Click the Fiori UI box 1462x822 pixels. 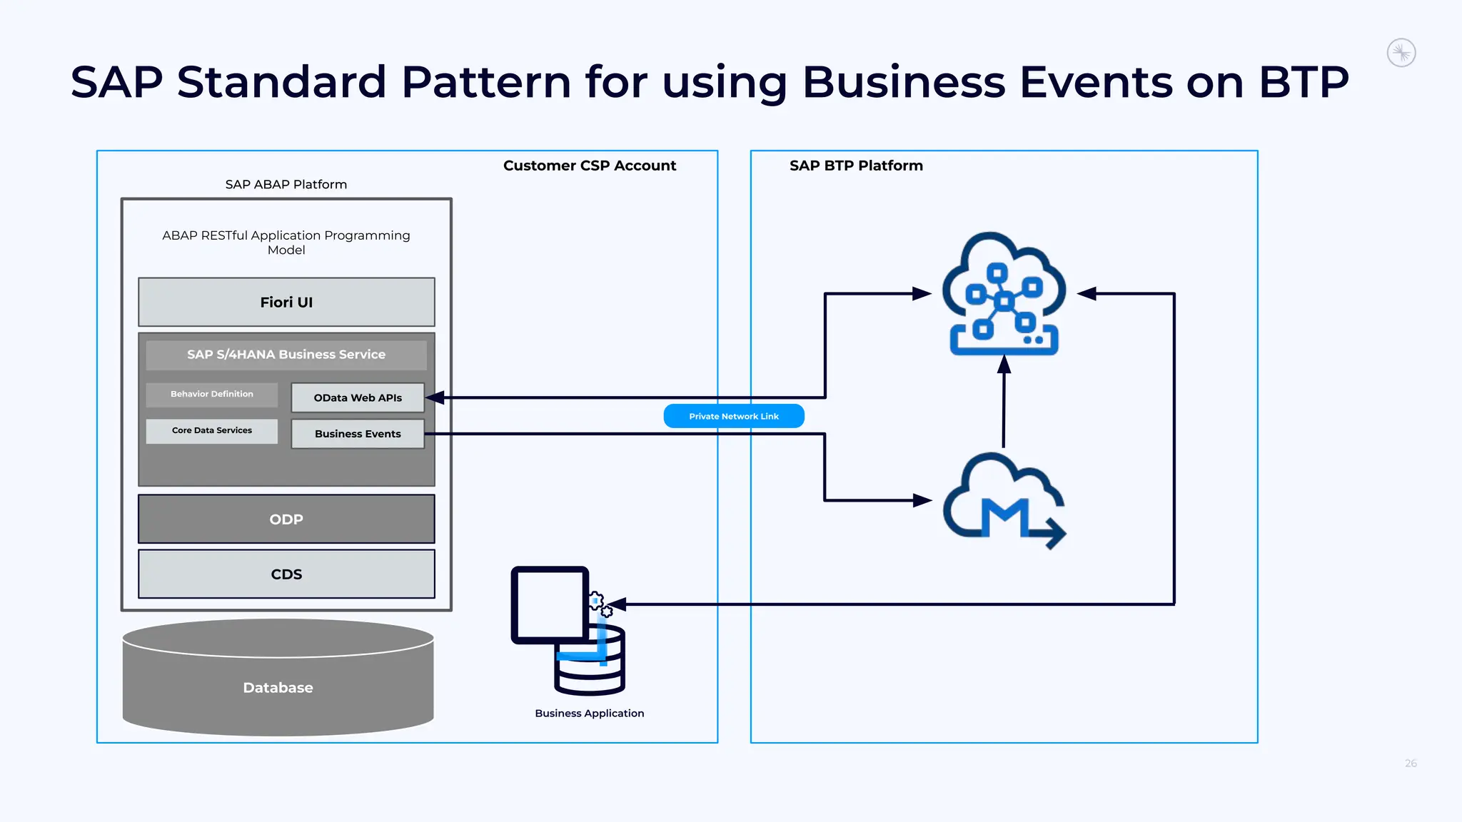click(286, 303)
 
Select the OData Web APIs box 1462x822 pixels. click(358, 398)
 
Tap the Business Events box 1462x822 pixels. click(358, 434)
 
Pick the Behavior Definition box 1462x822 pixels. click(212, 394)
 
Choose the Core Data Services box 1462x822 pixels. click(212, 431)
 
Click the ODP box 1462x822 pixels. click(286, 519)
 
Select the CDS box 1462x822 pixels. click(286, 574)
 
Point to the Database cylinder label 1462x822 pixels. click(278, 688)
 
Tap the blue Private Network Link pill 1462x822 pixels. click(734, 416)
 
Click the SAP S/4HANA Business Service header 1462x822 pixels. click(286, 355)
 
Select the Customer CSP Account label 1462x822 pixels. click(589, 166)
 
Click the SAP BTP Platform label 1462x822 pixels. click(856, 166)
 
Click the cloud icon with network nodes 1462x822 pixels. click(1004, 293)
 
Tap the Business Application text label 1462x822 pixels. click(589, 714)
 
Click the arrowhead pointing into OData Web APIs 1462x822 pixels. click(435, 397)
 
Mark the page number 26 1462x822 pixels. click(1411, 763)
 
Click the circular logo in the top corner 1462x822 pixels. click(1401, 53)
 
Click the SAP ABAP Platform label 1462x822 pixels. click(286, 185)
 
